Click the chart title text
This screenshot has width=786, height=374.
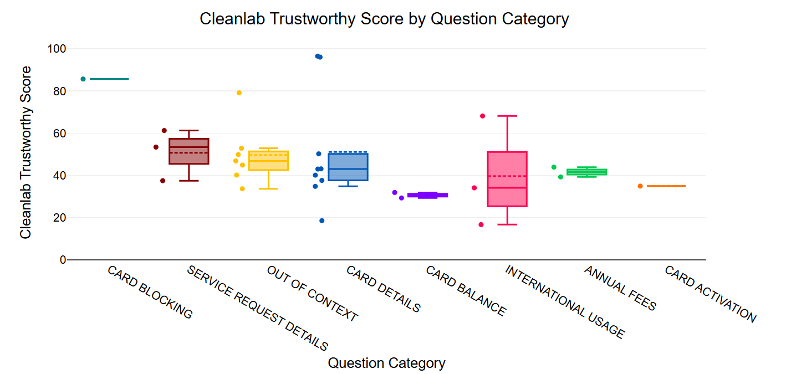point(384,19)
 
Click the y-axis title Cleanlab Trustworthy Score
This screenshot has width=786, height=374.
point(25,152)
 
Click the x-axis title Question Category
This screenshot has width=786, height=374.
point(386,363)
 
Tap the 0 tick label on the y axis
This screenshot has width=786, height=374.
point(63,260)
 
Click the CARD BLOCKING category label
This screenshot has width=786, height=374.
point(150,293)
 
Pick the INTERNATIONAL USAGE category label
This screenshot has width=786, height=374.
point(565,302)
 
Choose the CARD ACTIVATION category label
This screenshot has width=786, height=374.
point(710,294)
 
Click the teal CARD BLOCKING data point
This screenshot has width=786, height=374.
point(83,79)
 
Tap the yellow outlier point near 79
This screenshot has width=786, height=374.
point(239,93)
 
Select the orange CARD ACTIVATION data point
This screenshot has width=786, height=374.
point(640,186)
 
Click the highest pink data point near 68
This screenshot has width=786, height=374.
point(482,116)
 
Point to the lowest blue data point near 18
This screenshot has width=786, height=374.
point(321,221)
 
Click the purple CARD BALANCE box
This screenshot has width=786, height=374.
point(427,195)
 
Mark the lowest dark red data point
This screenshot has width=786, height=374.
point(163,181)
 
